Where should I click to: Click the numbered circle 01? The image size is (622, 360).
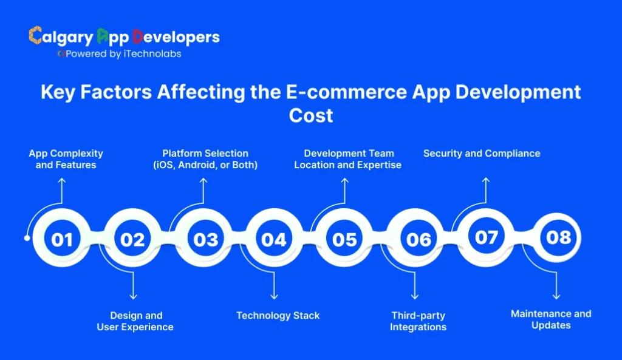61,239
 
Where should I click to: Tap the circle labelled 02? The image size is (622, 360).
132,239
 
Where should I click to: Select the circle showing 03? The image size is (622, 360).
205,239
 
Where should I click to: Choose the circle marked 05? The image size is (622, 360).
344,239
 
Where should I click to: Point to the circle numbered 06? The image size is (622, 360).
417,239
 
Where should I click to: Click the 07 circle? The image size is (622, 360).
486,237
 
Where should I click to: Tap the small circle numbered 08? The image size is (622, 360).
558,237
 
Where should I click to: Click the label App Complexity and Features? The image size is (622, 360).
66,159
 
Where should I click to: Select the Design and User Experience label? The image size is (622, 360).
135,321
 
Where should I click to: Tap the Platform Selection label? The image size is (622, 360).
205,159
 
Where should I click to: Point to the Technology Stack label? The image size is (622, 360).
278,315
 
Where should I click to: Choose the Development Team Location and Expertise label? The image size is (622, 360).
348,159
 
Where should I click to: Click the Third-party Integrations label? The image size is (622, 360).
418,321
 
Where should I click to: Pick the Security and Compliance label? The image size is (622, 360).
482,153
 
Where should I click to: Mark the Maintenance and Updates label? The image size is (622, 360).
551,319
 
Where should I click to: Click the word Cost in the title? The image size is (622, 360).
310,115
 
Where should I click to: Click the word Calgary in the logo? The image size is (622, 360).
61,36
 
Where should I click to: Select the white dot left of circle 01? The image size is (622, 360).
27,238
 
